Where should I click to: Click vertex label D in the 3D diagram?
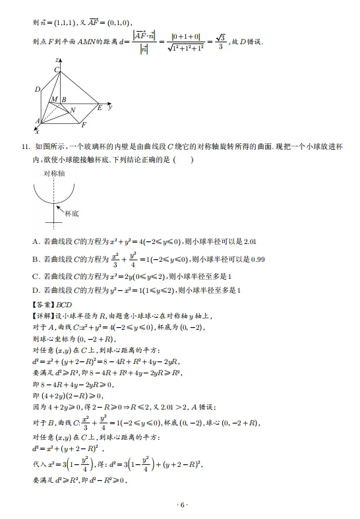tap(38, 90)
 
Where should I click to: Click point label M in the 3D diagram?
tap(54, 100)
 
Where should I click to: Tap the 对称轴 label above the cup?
tap(54, 173)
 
